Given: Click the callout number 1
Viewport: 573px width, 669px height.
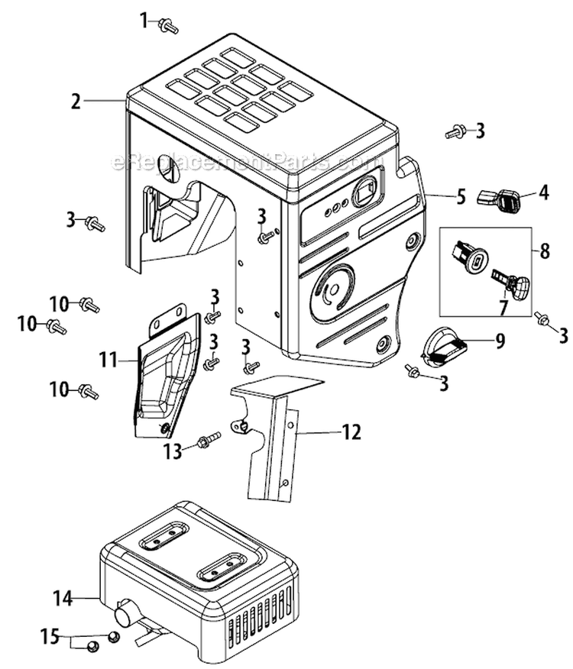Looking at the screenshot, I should pyautogui.click(x=144, y=21).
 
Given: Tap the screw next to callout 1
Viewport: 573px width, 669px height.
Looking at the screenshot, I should pyautogui.click(x=168, y=27).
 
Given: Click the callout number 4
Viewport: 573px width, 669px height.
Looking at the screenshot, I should pyautogui.click(x=543, y=192).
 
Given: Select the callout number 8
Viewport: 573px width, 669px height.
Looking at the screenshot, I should pyautogui.click(x=543, y=250).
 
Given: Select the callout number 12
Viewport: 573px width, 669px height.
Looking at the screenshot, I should pyautogui.click(x=353, y=433).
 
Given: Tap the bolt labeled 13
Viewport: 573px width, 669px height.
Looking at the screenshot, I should pyautogui.click(x=207, y=441).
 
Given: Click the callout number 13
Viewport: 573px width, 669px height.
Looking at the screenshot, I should pyautogui.click(x=174, y=451).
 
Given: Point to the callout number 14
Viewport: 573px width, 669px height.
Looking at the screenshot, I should pyautogui.click(x=63, y=598).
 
